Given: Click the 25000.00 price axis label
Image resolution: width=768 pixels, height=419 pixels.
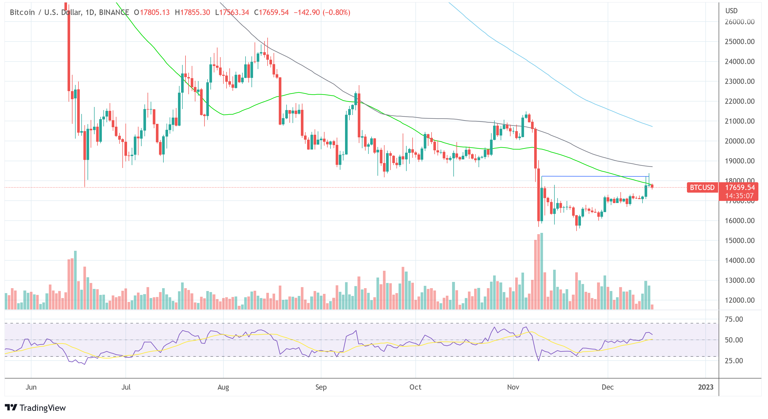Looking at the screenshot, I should pyautogui.click(x=739, y=42).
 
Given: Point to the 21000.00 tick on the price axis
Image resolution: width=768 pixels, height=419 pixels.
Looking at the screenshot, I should pyautogui.click(x=739, y=121).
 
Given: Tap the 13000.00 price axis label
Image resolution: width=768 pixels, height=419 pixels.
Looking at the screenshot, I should pyautogui.click(x=739, y=280).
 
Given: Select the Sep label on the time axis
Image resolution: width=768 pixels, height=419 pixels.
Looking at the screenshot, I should pyautogui.click(x=321, y=387).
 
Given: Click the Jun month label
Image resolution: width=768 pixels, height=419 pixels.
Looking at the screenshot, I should pyautogui.click(x=31, y=387).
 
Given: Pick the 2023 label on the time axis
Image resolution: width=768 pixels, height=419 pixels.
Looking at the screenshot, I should pyautogui.click(x=705, y=387).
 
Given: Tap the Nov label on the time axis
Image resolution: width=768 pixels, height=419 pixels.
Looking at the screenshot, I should pyautogui.click(x=513, y=387).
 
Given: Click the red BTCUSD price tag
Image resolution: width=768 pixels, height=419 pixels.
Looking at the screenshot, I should pyautogui.click(x=702, y=187).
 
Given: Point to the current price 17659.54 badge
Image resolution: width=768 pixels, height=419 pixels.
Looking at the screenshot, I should pyautogui.click(x=740, y=187).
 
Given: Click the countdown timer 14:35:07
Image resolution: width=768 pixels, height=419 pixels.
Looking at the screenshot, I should pyautogui.click(x=739, y=196).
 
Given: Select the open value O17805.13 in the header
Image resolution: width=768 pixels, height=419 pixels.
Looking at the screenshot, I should pyautogui.click(x=152, y=12).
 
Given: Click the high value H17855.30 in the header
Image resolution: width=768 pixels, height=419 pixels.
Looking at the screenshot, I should pyautogui.click(x=192, y=12).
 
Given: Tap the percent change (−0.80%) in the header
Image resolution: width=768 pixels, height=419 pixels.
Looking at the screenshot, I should pyautogui.click(x=336, y=12).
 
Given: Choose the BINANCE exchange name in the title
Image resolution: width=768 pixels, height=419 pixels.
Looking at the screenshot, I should pyautogui.click(x=114, y=12).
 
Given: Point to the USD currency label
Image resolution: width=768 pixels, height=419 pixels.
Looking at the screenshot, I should pyautogui.click(x=731, y=11).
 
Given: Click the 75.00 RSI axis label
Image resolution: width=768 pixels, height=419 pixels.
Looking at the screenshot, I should pyautogui.click(x=734, y=319).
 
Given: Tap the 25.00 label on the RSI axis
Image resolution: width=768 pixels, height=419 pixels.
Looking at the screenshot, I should pyautogui.click(x=734, y=361).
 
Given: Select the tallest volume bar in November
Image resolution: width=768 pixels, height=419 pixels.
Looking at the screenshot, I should pyautogui.click(x=541, y=271).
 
